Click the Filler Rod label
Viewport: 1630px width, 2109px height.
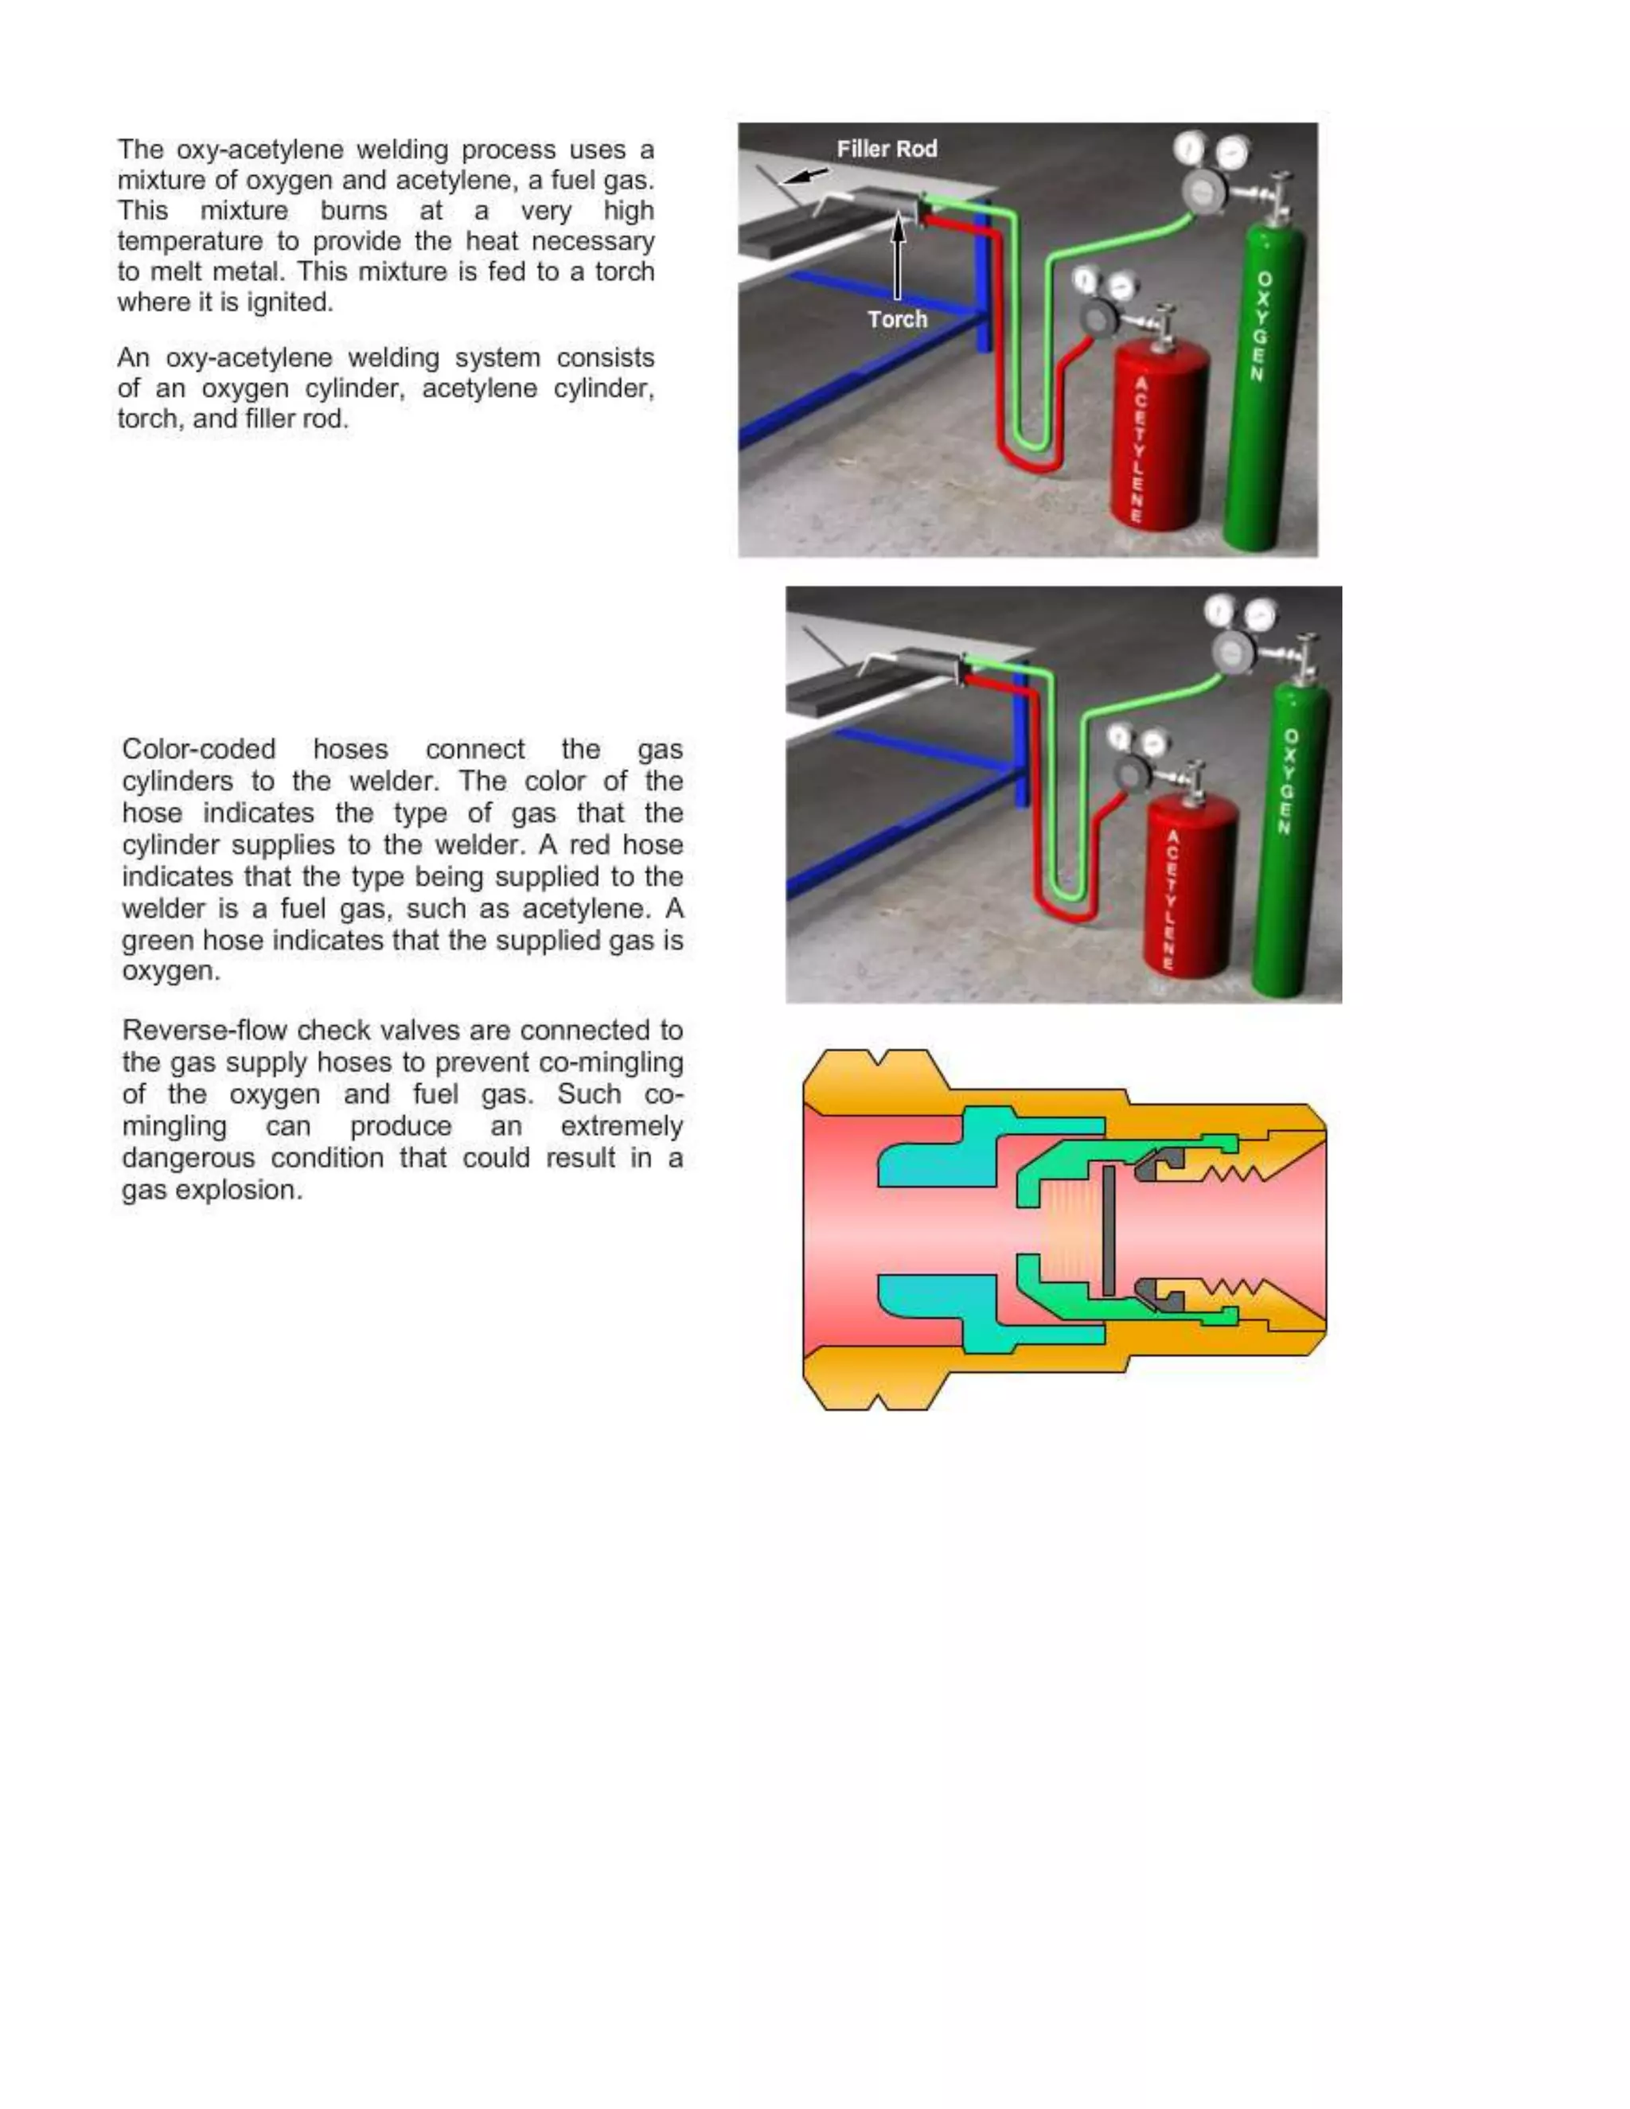887,149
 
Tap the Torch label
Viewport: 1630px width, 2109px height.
897,318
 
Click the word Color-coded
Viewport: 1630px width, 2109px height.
199,750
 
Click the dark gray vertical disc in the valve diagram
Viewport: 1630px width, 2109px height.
1109,1230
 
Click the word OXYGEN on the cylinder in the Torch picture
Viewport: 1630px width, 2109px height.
1259,326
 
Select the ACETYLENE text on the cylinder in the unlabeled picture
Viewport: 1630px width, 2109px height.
1170,899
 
